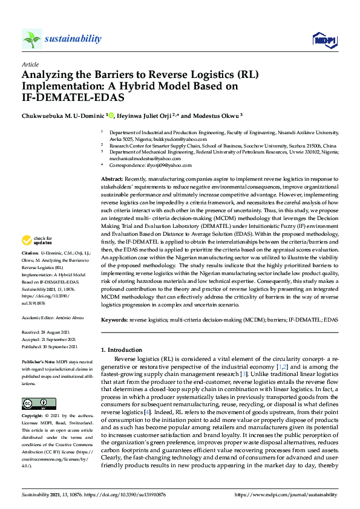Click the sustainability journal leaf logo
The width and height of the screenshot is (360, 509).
[31, 39]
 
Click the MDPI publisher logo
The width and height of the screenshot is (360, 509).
[323, 40]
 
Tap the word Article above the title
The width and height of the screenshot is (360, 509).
[30, 63]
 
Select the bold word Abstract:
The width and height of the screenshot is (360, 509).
[111, 180]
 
